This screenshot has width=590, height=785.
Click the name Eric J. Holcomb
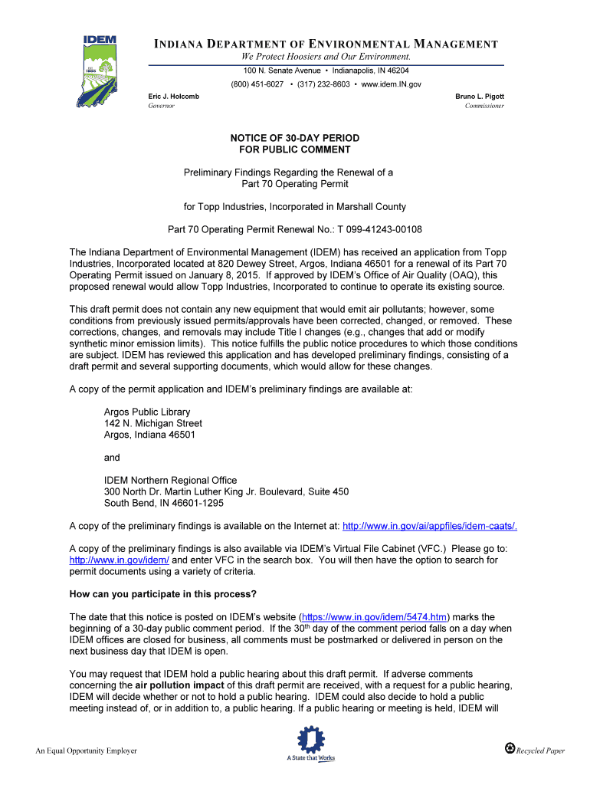pos(173,97)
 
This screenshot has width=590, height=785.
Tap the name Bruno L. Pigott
pos(480,97)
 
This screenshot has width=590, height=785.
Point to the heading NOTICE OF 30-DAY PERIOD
pos(295,138)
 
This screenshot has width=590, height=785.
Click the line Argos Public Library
pos(147,412)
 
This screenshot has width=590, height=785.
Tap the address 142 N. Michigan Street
pos(153,423)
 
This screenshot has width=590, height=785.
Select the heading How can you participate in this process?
pos(163,595)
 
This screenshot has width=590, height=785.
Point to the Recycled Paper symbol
pos(510,748)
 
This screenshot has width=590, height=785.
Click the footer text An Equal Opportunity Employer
pos(87,751)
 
